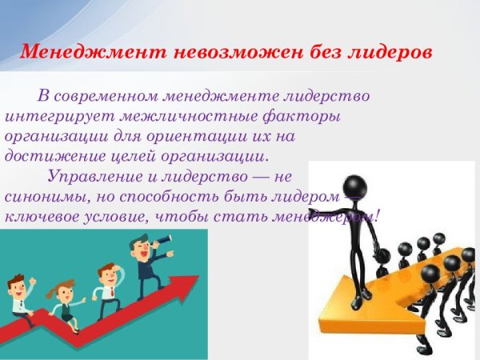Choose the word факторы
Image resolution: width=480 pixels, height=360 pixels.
click(x=303, y=116)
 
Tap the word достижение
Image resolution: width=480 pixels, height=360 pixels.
click(x=48, y=154)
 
